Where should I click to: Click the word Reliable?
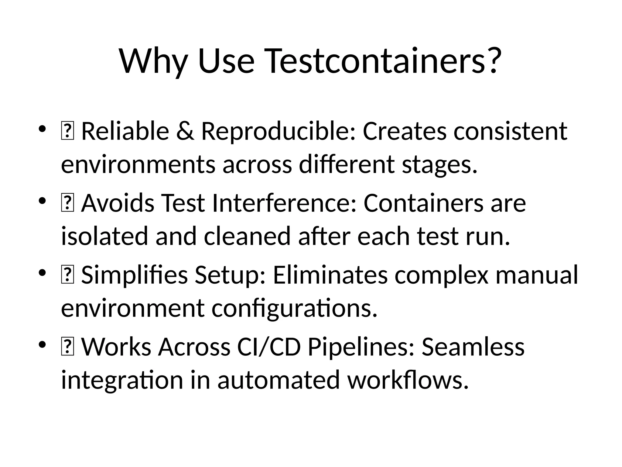click(x=125, y=131)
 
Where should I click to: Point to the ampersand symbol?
click(x=185, y=131)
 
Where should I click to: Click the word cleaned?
click(x=247, y=236)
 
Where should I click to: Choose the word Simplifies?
click(x=135, y=275)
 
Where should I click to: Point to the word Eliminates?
click(x=330, y=275)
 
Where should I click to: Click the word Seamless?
click(x=473, y=347)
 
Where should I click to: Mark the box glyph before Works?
click(x=67, y=347)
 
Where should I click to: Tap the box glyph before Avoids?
click(x=67, y=203)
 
